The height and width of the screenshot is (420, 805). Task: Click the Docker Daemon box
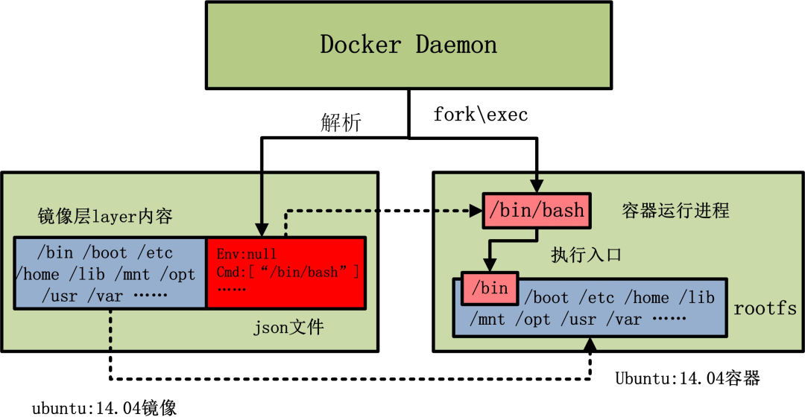408,45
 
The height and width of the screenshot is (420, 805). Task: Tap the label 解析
341,123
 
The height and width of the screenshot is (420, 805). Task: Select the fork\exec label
481,115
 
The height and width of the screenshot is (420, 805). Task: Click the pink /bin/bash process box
537,211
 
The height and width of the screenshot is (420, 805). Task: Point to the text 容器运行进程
675,211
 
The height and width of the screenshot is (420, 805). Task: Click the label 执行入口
586,255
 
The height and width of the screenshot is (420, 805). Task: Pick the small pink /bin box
490,288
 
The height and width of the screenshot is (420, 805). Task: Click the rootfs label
765,308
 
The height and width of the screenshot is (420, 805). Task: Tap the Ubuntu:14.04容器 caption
687,378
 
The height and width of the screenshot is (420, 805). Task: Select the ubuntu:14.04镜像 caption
104,408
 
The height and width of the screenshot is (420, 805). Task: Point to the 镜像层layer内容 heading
105,217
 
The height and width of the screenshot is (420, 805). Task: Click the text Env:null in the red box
247,255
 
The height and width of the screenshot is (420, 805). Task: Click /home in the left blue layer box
37,275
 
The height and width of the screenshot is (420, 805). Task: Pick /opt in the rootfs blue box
535,319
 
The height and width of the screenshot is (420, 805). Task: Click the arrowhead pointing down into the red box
260,228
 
